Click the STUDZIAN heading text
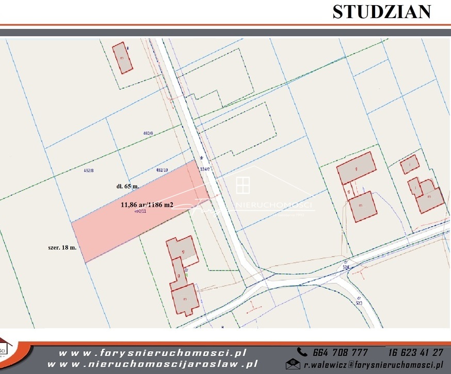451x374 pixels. point(381,12)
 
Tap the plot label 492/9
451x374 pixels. point(148,133)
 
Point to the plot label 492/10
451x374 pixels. point(162,169)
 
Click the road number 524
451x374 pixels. point(346,264)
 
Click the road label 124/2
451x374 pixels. point(205,167)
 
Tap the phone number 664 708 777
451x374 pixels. point(340,352)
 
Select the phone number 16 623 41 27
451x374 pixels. point(415,352)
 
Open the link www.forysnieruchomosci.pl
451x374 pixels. point(152,353)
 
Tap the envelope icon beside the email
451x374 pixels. point(293,364)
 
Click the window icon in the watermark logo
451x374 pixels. point(243,184)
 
